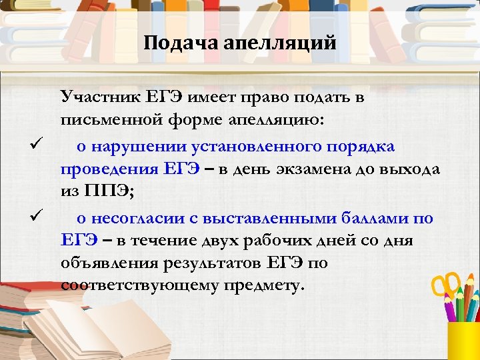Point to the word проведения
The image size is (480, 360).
(x=109, y=169)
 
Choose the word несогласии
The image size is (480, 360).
(x=137, y=217)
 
